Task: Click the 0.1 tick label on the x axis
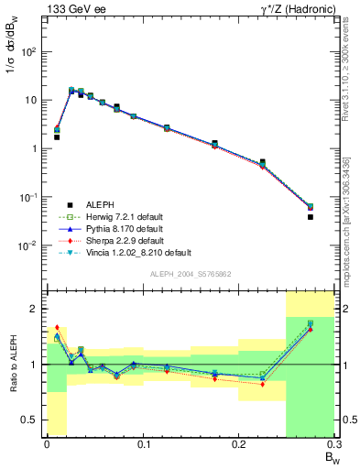coord(143,445)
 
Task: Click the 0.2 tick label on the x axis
coord(239,445)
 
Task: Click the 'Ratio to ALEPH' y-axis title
coord(12,364)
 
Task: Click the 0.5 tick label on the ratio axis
coord(34,420)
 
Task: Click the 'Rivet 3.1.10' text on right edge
coord(353,69)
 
